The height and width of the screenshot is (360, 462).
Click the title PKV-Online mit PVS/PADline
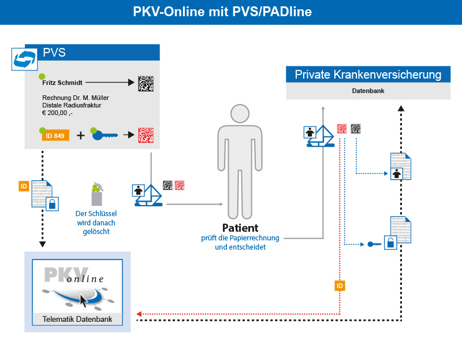click(230, 12)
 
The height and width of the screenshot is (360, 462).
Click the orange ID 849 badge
click(55, 135)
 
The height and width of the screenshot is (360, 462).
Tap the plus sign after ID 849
click(80, 136)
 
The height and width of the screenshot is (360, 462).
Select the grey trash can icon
click(96, 195)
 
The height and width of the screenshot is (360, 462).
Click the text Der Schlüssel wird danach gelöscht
click(96, 222)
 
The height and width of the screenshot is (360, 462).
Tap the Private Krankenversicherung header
click(368, 75)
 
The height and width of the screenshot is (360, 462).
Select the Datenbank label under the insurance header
click(368, 91)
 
